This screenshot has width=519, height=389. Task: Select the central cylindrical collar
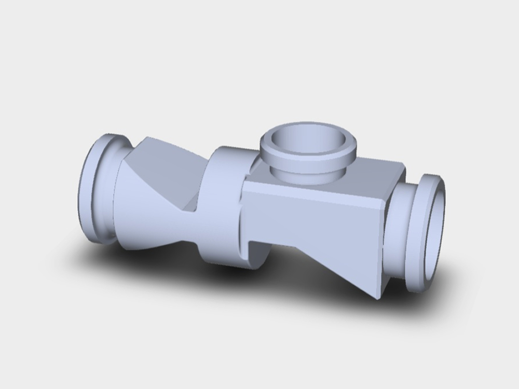click(221, 207)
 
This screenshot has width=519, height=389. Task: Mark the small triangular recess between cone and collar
click(190, 207)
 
